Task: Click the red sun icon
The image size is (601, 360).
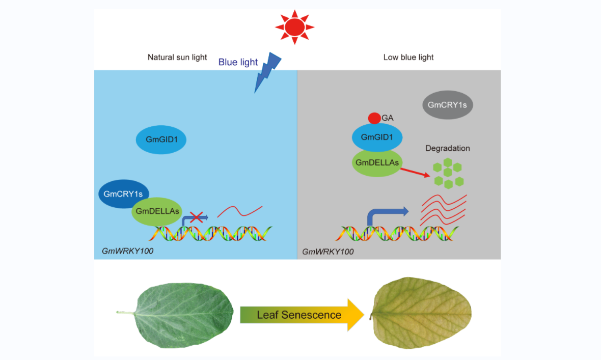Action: (x=294, y=26)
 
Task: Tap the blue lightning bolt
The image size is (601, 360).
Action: (x=268, y=71)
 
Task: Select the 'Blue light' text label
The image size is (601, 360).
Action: (x=238, y=62)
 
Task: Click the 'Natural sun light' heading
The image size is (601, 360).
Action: (x=177, y=57)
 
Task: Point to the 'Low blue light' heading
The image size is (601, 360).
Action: (x=408, y=57)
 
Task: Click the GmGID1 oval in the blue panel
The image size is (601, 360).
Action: (x=161, y=139)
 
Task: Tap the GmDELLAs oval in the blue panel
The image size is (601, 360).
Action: (x=157, y=212)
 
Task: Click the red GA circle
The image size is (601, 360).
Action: (x=374, y=118)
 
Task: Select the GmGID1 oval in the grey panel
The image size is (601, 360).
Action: (x=377, y=137)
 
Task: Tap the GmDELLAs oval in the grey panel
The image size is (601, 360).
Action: (x=377, y=162)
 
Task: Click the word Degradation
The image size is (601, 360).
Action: (x=448, y=148)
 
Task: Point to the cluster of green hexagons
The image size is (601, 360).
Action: (x=448, y=174)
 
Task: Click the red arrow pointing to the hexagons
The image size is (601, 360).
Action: (x=415, y=173)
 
